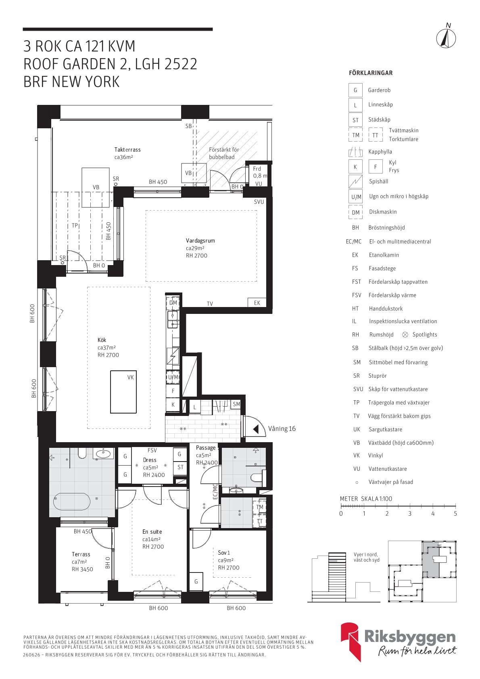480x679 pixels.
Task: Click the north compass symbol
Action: [446, 39]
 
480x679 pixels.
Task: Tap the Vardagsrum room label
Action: [200, 241]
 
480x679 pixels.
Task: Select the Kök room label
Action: [102, 340]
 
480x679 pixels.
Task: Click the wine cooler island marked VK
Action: [123, 392]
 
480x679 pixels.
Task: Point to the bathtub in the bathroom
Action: [72, 501]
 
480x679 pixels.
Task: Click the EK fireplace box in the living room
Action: [257, 303]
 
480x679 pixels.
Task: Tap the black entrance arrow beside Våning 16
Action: [256, 429]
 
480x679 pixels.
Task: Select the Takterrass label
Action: [127, 150]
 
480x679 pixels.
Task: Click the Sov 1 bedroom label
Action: [224, 553]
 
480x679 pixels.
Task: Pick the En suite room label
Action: [152, 532]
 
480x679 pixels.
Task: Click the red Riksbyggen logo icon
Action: [351, 641]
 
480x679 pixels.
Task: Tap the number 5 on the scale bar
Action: [455, 514]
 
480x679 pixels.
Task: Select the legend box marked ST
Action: [355, 120]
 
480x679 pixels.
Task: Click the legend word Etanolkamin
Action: [384, 255]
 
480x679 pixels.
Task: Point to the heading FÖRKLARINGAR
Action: [371, 73]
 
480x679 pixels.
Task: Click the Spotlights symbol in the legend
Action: [405, 334]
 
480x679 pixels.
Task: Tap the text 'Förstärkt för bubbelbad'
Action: [224, 153]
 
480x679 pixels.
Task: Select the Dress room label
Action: [150, 460]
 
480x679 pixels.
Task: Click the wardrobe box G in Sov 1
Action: [196, 581]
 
